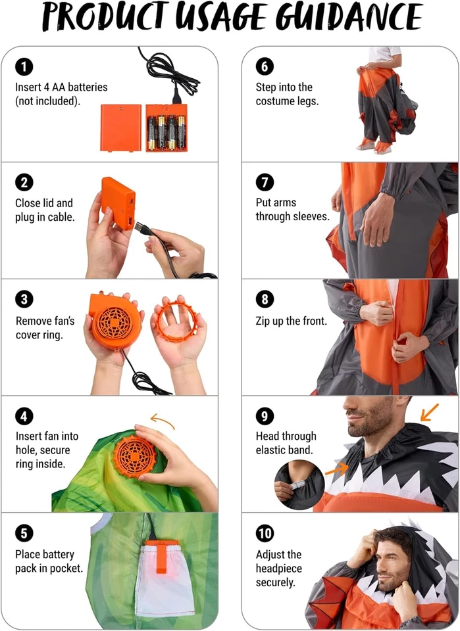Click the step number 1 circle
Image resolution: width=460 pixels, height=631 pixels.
coord(24,66)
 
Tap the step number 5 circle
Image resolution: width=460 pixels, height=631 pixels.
coord(24,533)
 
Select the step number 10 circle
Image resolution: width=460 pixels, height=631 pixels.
coord(265,533)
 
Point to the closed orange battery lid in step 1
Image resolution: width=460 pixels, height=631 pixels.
coord(120,128)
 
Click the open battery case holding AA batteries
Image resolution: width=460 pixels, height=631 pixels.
coord(166,128)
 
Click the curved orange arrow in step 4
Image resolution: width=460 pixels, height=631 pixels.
coord(163,419)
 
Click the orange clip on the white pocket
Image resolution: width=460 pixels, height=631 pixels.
coord(161,556)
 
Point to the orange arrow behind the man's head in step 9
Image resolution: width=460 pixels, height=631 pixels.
coord(429,412)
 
